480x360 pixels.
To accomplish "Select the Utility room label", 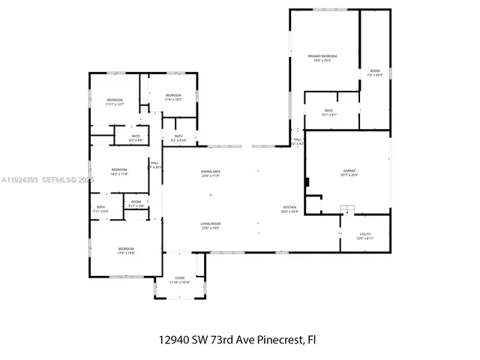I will click(364, 235).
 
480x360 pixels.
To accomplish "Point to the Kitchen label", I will click(289, 208).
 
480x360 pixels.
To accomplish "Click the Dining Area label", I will click(210, 173).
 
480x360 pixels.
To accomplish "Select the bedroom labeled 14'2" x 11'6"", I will click(120, 171).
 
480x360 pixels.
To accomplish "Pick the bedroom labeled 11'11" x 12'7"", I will click(114, 102).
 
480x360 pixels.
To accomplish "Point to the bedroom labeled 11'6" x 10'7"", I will click(173, 97).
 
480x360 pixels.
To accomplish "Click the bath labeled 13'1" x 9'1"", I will click(329, 112).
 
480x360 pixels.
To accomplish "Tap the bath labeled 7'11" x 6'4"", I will click(101, 209).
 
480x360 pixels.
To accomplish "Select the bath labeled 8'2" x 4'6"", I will click(136, 138).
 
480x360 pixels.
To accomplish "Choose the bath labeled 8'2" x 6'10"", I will click(178, 138).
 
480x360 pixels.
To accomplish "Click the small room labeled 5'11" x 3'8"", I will click(136, 203).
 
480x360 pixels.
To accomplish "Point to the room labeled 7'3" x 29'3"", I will click(375, 73).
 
